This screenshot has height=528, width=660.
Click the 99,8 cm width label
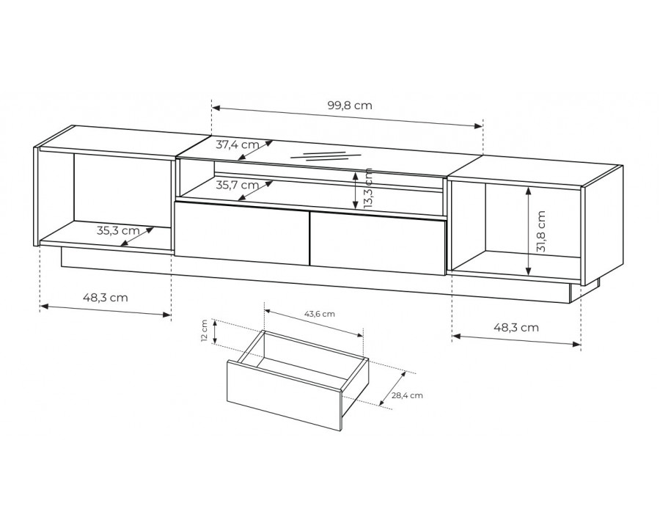pyautogui.click(x=350, y=106)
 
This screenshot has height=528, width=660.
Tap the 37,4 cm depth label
pyautogui.click(x=238, y=145)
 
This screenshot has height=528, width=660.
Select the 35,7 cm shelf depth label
pyautogui.click(x=238, y=185)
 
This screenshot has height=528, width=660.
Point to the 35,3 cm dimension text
pyautogui.click(x=118, y=231)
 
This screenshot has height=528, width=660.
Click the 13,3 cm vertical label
pyautogui.click(x=368, y=189)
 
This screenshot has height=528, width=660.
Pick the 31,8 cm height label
pyautogui.click(x=541, y=231)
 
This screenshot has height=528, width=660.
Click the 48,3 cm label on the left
pyautogui.click(x=105, y=298)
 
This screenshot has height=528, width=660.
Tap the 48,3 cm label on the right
pyautogui.click(x=516, y=327)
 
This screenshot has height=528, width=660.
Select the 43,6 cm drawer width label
pyautogui.click(x=320, y=314)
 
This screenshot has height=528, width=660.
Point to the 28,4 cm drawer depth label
pyautogui.click(x=407, y=395)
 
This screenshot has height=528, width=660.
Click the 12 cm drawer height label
pyautogui.click(x=204, y=331)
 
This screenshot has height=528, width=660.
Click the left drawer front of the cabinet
pyautogui.click(x=242, y=234)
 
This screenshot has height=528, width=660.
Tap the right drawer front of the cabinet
pyautogui.click(x=378, y=243)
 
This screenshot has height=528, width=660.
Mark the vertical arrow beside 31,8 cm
pyautogui.click(x=529, y=231)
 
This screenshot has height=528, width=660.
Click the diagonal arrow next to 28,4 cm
pyautogui.click(x=392, y=389)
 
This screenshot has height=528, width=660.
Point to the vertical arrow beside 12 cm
pyautogui.click(x=215, y=331)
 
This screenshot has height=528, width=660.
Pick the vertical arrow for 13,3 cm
pyautogui.click(x=356, y=191)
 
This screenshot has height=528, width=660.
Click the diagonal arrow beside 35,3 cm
pyautogui.click(x=136, y=237)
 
